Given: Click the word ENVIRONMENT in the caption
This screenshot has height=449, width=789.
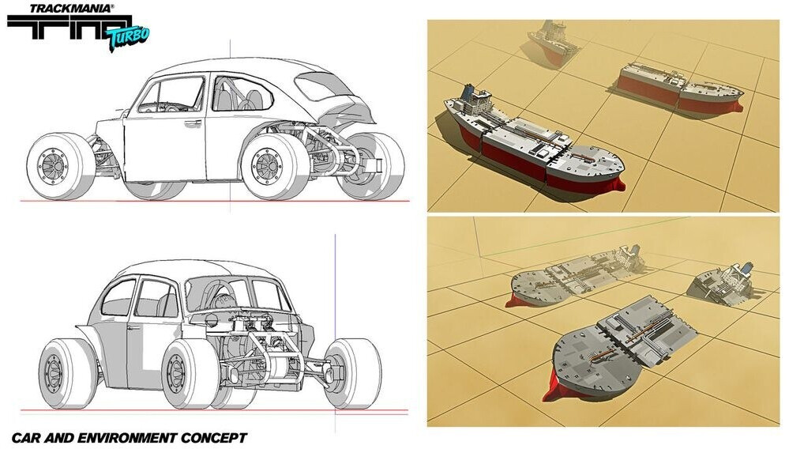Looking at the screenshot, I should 132,437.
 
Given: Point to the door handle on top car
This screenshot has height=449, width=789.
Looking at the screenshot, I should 191,123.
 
